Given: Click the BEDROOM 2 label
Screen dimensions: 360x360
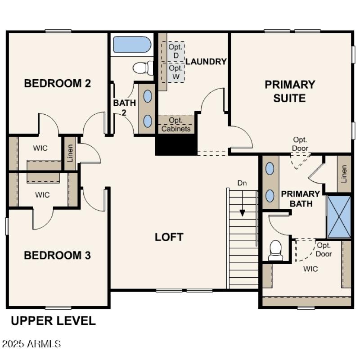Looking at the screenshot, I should click(x=57, y=83).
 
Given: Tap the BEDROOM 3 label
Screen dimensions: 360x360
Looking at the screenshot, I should click(x=57, y=256).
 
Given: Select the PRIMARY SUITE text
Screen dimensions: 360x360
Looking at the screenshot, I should click(x=289, y=91).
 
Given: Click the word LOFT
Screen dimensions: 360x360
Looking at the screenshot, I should click(x=169, y=237).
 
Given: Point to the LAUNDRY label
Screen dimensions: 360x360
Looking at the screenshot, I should click(x=206, y=62).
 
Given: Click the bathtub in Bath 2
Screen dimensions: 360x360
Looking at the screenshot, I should click(x=132, y=45).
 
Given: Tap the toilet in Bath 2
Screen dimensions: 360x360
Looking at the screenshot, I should click(x=143, y=68).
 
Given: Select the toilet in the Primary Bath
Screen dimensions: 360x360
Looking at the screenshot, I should click(x=275, y=250).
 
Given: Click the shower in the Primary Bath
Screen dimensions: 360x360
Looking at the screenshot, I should click(x=339, y=216).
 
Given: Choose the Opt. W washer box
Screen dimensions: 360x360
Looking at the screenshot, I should click(x=176, y=72).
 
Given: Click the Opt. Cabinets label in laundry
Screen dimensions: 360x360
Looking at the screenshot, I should click(x=176, y=125).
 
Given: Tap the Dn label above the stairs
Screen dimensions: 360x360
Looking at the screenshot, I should click(x=242, y=183).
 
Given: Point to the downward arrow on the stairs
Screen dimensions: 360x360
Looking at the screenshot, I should click(x=243, y=211).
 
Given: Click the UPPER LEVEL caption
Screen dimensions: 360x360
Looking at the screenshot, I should click(x=53, y=321).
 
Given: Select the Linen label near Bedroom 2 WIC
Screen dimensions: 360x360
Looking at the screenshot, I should click(x=70, y=153).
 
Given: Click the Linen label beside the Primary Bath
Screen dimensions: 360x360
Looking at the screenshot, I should click(x=344, y=173).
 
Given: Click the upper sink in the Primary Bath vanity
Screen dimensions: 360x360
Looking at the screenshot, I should click(x=270, y=169).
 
